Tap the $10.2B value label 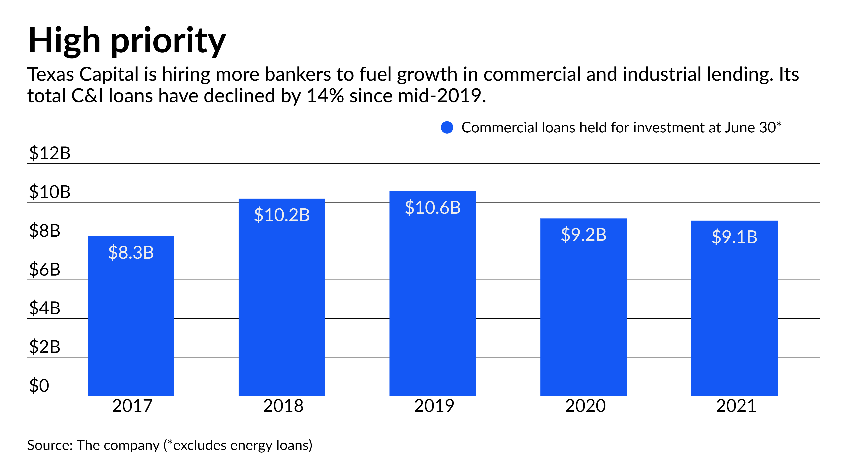pos(282,215)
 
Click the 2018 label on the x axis pos(283,406)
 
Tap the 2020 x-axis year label pos(585,406)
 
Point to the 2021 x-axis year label pos(736,406)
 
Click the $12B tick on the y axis pos(50,153)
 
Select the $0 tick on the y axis pos(39,386)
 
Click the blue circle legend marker pos(447,127)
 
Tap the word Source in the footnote pos(49,446)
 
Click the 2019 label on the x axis pos(434,406)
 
